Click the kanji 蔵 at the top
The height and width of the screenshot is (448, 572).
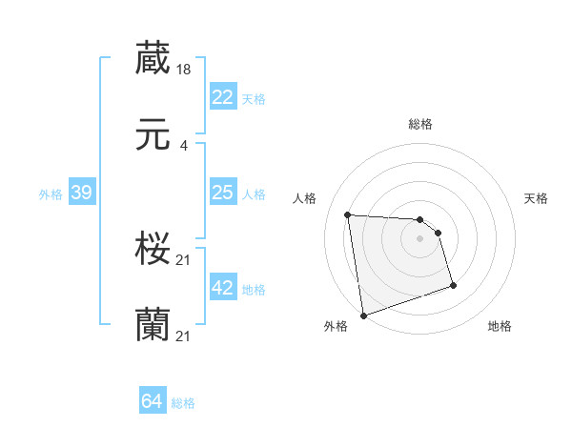pyautogui.click(x=153, y=58)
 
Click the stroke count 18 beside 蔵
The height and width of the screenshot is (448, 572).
pyautogui.click(x=184, y=69)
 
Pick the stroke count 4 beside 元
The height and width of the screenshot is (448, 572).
pyautogui.click(x=183, y=146)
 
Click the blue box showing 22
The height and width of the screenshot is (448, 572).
pyautogui.click(x=222, y=97)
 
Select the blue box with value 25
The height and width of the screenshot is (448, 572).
pyautogui.click(x=222, y=193)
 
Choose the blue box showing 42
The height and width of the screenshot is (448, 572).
pyautogui.click(x=222, y=288)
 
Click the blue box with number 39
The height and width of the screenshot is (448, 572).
pyautogui.click(x=81, y=193)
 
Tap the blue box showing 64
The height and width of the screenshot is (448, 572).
pyautogui.click(x=152, y=402)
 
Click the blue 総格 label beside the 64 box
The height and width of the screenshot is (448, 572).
pyautogui.click(x=183, y=403)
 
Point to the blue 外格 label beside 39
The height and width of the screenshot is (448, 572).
pyautogui.click(x=51, y=194)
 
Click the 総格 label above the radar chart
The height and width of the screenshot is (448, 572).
pyautogui.click(x=420, y=124)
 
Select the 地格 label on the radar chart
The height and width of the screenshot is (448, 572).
pyautogui.click(x=500, y=327)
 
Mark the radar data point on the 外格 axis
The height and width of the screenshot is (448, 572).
pyautogui.click(x=363, y=315)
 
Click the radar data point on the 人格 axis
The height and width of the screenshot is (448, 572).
pyautogui.click(x=348, y=214)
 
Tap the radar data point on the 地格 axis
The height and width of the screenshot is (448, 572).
pyautogui.click(x=453, y=285)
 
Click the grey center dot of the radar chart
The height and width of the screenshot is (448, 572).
pyautogui.click(x=419, y=238)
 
